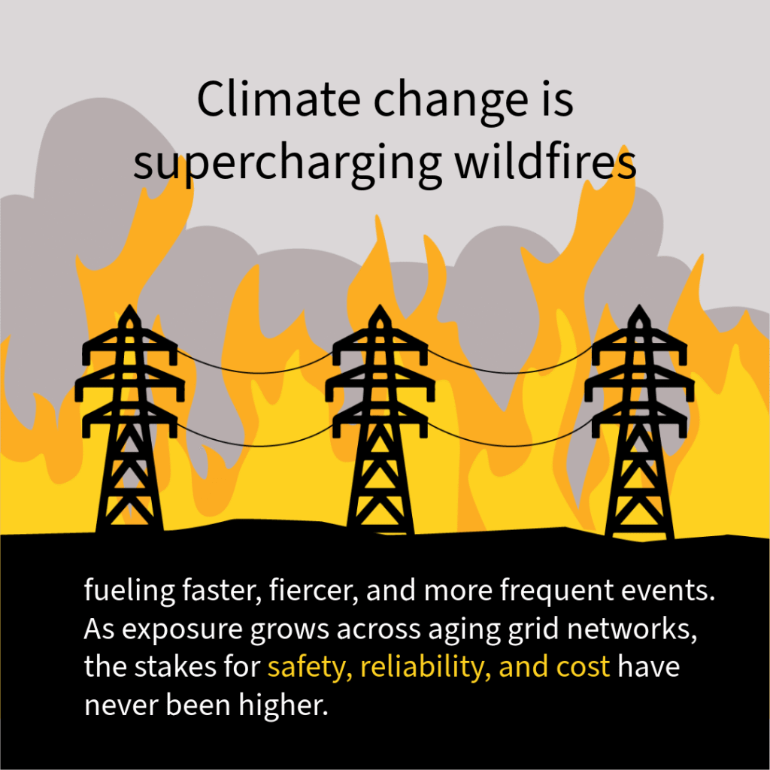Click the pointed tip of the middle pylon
click(x=380, y=308)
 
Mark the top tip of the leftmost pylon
click(x=129, y=308)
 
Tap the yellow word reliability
click(x=429, y=667)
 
